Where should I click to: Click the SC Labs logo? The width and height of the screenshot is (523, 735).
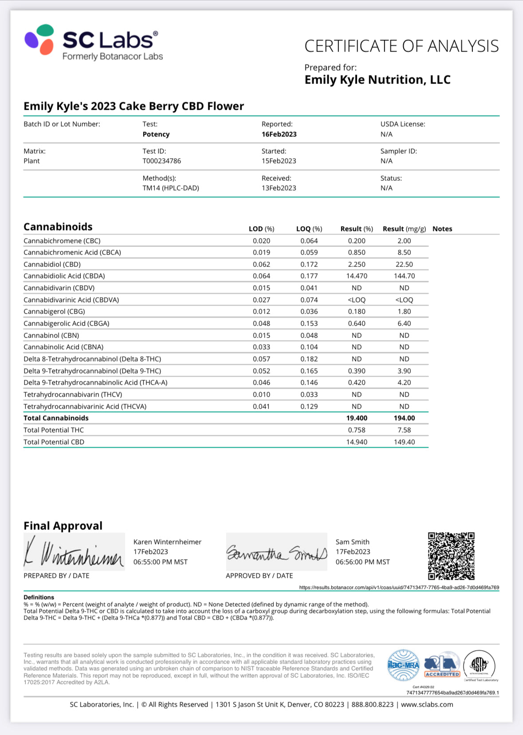(94, 43)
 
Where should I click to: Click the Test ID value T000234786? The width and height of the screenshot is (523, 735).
(161, 161)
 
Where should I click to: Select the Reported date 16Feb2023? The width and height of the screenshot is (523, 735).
(279, 134)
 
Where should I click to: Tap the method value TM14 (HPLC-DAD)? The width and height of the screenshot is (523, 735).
(171, 188)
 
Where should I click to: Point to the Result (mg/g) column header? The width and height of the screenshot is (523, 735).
(404, 229)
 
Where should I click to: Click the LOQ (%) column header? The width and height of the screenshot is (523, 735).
(309, 229)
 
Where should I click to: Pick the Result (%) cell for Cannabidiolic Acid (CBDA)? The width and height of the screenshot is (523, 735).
(357, 276)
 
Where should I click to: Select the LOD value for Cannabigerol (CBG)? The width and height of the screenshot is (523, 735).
(261, 311)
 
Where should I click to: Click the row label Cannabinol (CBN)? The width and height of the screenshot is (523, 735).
(51, 335)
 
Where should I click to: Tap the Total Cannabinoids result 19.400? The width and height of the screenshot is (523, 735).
(357, 418)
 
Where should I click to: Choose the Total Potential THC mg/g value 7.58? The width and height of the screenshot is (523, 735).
(404, 430)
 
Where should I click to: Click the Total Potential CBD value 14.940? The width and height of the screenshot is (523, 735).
(357, 442)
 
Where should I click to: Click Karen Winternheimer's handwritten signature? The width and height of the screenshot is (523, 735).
(74, 552)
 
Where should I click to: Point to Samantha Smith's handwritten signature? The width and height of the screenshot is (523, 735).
(277, 552)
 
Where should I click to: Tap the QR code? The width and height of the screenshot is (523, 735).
(451, 556)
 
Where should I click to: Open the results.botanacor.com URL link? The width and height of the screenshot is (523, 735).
(399, 588)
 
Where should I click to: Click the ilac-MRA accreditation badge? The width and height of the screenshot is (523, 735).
(403, 665)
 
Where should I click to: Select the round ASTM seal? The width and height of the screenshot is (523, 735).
(479, 665)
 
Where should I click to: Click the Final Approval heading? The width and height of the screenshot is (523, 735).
(63, 526)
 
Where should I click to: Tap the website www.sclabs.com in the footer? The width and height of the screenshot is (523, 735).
(427, 704)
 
